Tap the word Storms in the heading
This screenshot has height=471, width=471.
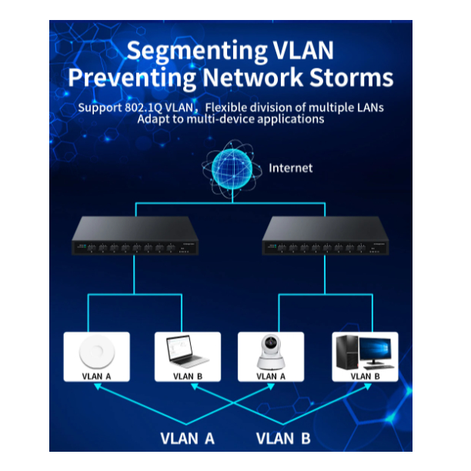pos(350,78)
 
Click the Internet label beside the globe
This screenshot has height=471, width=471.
pos(291,168)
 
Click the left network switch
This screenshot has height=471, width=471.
pos(135,235)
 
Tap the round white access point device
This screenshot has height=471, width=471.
pos(96,352)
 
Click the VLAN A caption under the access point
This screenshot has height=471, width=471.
pos(96,376)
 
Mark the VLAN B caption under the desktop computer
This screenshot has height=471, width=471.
pos(365,376)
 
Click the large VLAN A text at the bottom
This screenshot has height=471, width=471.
pos(188,439)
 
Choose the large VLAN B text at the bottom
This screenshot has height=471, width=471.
pos(283,439)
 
